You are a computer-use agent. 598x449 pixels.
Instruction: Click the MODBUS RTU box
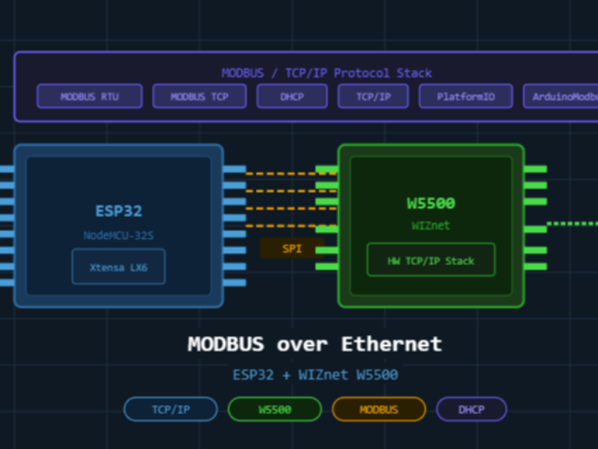(89, 96)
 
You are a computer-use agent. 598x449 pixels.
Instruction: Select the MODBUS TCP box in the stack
(199, 96)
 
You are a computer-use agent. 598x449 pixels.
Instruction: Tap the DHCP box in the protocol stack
(292, 96)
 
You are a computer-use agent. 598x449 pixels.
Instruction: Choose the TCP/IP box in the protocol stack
(373, 96)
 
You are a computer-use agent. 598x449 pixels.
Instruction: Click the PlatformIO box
(465, 96)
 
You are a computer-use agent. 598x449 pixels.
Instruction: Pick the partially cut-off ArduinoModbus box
(561, 96)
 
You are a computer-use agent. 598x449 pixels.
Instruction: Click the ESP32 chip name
(118, 211)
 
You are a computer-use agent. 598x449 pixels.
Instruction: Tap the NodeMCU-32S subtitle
(118, 235)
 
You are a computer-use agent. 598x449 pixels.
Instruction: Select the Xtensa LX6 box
(118, 267)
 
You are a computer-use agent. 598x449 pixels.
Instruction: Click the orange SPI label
(292, 248)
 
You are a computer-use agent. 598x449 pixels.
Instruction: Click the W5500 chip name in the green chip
(430, 204)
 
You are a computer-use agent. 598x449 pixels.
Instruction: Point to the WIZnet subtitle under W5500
(430, 225)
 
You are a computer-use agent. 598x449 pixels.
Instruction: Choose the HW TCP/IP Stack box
(430, 260)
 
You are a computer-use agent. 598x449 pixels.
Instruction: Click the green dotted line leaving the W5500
(573, 224)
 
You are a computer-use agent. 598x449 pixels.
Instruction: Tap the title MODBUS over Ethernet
(315, 344)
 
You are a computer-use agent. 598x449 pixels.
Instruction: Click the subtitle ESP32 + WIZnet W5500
(315, 375)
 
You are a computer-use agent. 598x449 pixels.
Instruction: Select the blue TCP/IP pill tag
(170, 409)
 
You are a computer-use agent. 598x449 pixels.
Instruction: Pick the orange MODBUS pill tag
(379, 409)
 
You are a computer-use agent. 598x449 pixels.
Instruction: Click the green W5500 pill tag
(274, 409)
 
